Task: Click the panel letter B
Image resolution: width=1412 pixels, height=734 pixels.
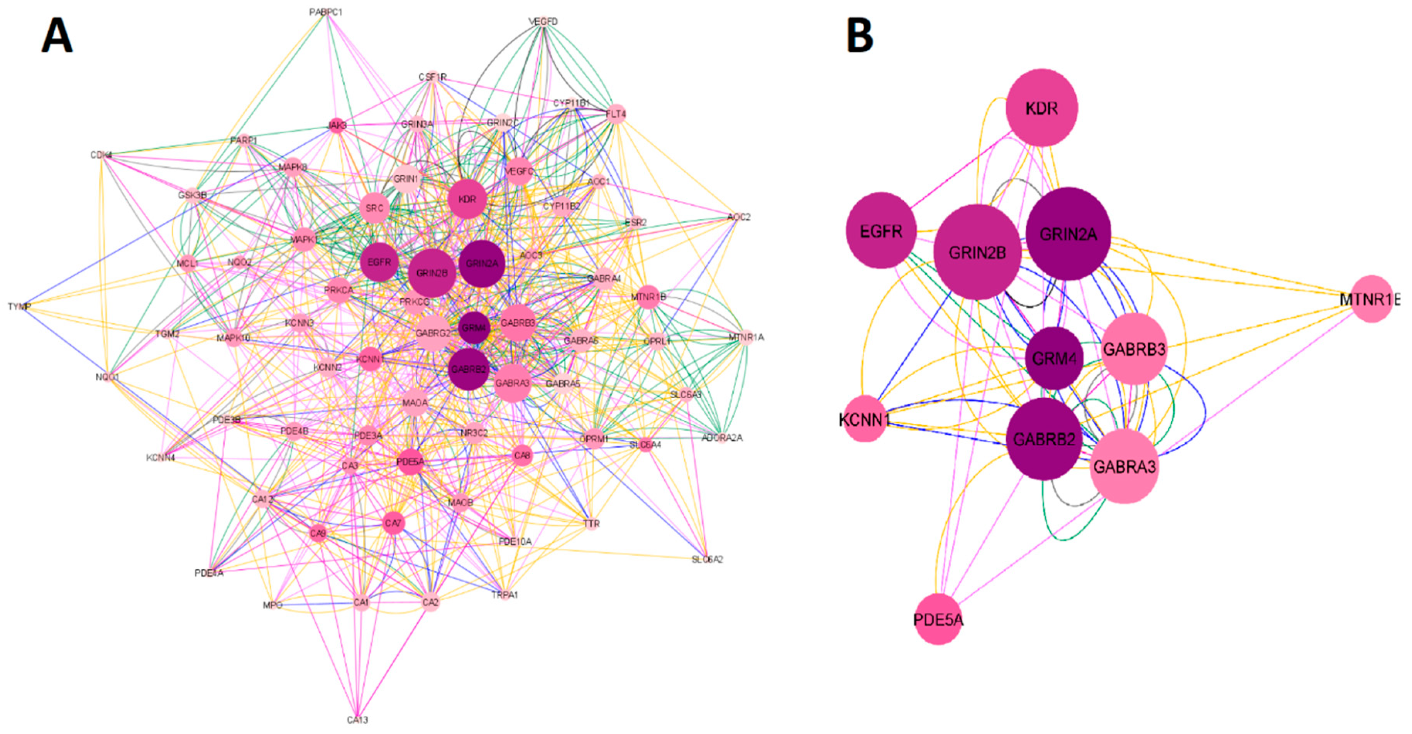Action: pyautogui.click(x=860, y=36)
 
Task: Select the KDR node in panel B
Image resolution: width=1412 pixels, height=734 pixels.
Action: pyautogui.click(x=1041, y=108)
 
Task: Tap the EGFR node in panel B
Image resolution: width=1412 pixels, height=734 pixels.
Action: pyautogui.click(x=881, y=231)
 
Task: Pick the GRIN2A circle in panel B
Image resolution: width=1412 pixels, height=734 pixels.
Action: pyautogui.click(x=1068, y=234)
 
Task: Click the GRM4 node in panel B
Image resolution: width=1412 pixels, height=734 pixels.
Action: pyautogui.click(x=1053, y=359)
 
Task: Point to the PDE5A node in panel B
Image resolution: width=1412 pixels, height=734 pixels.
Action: pyautogui.click(x=938, y=619)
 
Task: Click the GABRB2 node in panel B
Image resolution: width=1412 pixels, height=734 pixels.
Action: pyautogui.click(x=1044, y=439)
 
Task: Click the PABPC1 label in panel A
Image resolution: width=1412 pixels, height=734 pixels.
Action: pyautogui.click(x=325, y=12)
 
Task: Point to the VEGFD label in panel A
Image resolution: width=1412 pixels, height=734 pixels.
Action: pyautogui.click(x=543, y=21)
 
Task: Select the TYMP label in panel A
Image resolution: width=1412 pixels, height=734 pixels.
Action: pyautogui.click(x=19, y=306)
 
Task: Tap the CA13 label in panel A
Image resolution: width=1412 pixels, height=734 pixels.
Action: pyautogui.click(x=357, y=720)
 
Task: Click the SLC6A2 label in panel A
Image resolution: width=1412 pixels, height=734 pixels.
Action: pyautogui.click(x=707, y=559)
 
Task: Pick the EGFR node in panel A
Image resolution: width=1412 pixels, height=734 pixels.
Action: pyautogui.click(x=379, y=262)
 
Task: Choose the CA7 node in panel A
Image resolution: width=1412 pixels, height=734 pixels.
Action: pyautogui.click(x=393, y=523)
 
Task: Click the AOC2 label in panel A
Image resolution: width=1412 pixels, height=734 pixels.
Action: pyautogui.click(x=738, y=217)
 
